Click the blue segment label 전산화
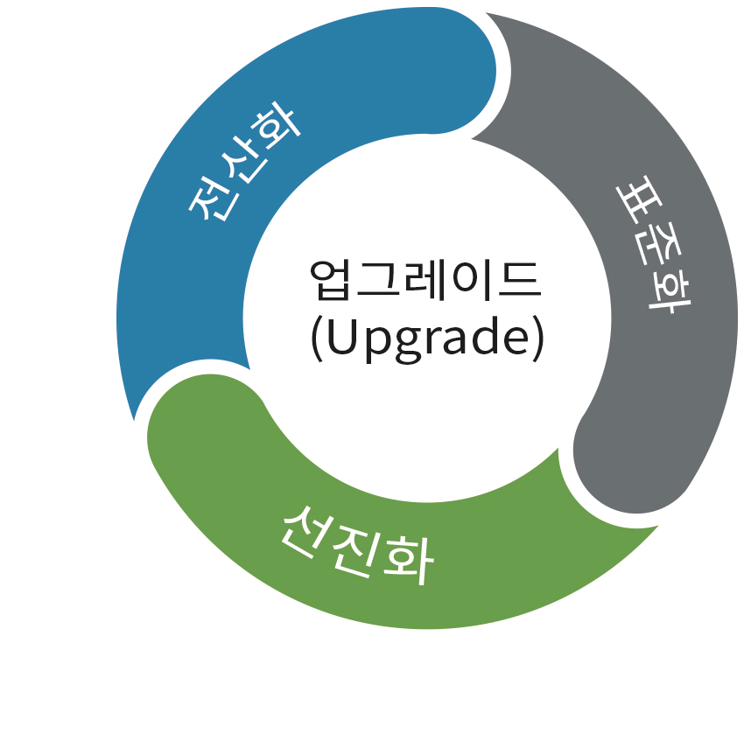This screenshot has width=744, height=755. (244, 164)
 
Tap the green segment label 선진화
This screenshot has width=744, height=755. (357, 546)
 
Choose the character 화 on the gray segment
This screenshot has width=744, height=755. (667, 295)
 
